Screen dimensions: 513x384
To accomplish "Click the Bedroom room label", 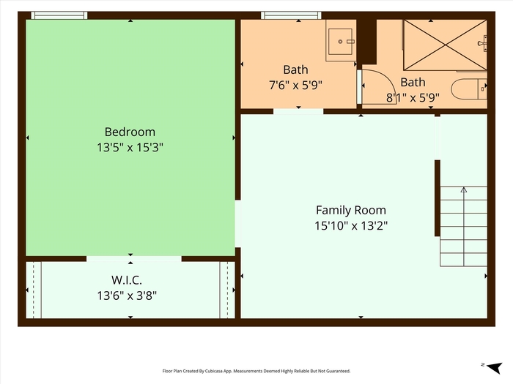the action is click(x=130, y=132).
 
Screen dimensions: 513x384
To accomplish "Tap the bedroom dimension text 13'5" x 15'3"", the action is click(x=130, y=148).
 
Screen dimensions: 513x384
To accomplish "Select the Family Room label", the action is click(x=351, y=210).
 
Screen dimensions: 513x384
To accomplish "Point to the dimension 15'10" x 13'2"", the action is click(x=351, y=225).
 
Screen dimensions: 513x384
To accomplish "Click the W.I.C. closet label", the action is click(x=127, y=280).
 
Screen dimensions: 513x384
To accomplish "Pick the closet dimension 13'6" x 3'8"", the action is click(x=127, y=295).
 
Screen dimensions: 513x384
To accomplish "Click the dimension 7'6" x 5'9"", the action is click(x=295, y=86).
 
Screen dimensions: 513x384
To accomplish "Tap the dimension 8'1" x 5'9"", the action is click(x=413, y=97).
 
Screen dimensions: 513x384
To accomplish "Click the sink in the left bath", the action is click(x=341, y=42).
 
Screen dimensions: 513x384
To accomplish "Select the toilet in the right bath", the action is click(x=469, y=89).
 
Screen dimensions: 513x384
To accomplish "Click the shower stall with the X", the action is click(x=445, y=45).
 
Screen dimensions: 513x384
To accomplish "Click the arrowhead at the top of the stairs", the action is click(x=464, y=189).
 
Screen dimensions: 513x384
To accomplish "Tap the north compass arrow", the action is click(x=495, y=368).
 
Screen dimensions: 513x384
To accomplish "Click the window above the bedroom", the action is click(x=59, y=15).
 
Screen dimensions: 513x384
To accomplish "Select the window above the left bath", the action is click(x=291, y=15).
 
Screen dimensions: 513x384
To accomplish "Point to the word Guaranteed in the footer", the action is click(x=339, y=371).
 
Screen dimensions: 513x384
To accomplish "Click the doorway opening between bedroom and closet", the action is click(x=134, y=259).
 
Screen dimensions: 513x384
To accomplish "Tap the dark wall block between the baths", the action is click(x=366, y=42).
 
